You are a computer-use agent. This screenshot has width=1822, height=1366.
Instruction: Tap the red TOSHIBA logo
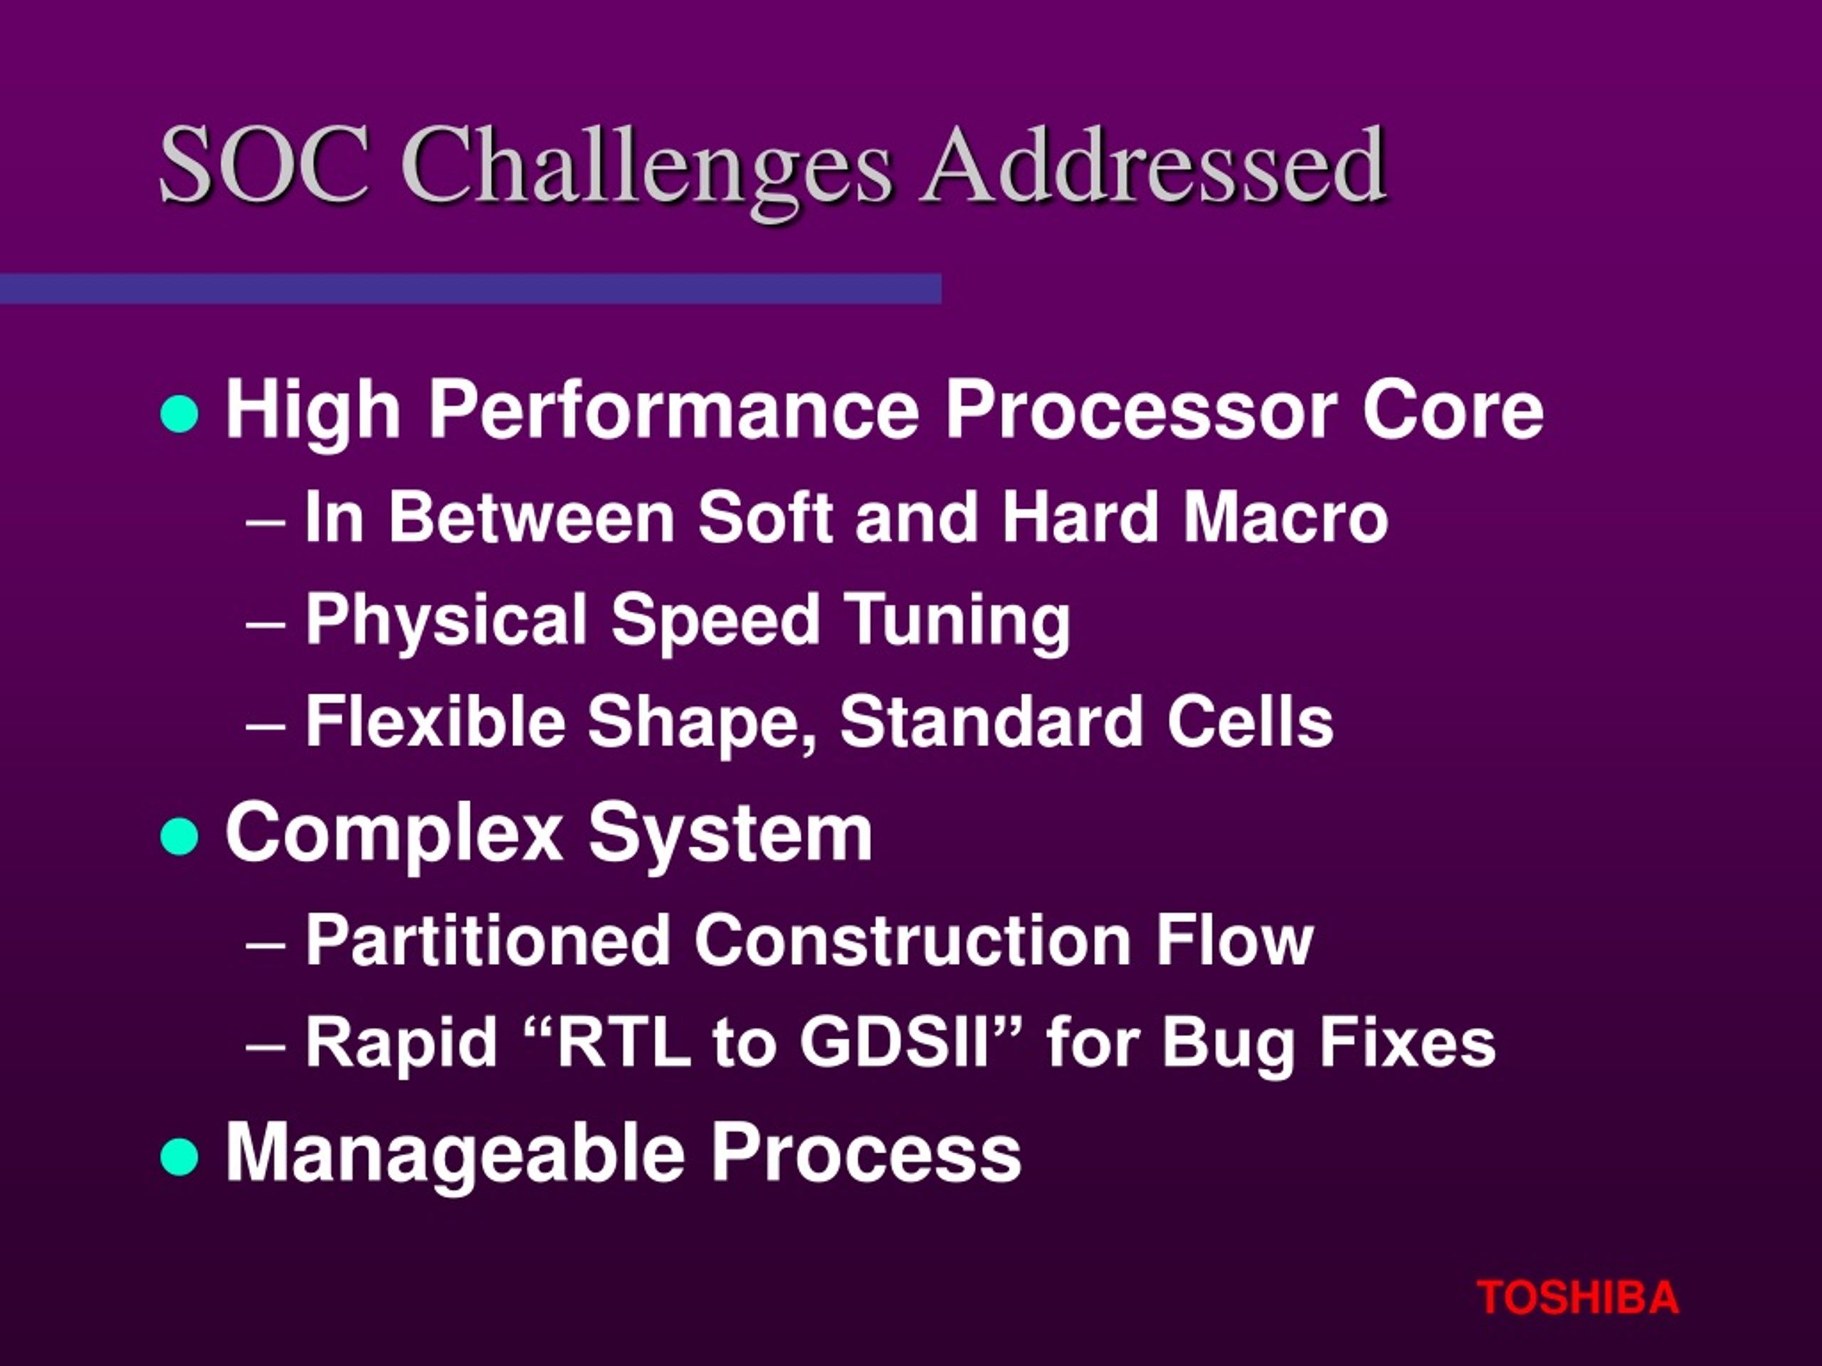click(1576, 1298)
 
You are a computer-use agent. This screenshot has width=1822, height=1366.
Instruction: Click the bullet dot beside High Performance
click(179, 413)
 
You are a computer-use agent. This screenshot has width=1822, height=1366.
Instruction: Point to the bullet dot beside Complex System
click(179, 837)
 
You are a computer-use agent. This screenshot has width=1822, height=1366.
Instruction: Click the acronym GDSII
click(894, 1042)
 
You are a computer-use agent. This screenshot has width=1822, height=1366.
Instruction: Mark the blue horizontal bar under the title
click(470, 289)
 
